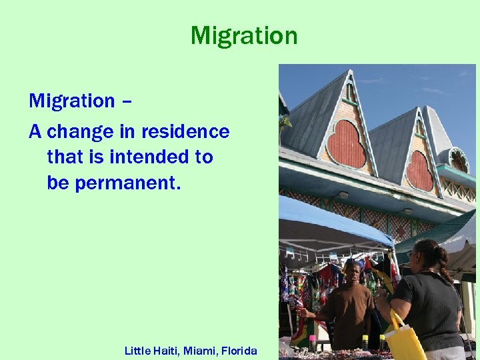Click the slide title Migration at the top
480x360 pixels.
coord(244,35)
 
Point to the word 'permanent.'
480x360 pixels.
coord(127,183)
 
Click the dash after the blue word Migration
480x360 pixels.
coord(127,101)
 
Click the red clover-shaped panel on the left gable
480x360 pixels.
coord(346,143)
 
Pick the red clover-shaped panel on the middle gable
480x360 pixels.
coord(420,171)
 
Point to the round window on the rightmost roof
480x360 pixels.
coord(459,161)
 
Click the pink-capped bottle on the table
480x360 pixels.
coord(312,341)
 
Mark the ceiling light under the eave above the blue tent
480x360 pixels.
coord(344,195)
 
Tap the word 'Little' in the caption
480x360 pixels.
coord(139,350)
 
